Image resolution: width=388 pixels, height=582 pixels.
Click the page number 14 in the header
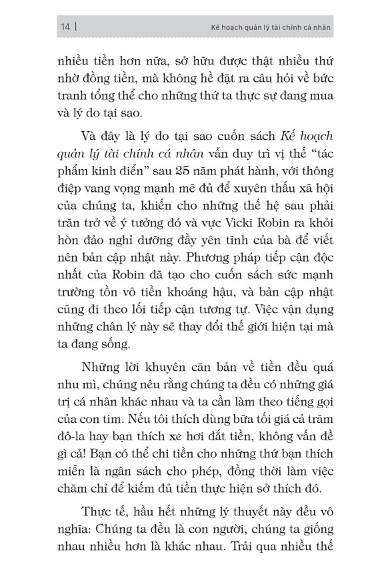[65, 27]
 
